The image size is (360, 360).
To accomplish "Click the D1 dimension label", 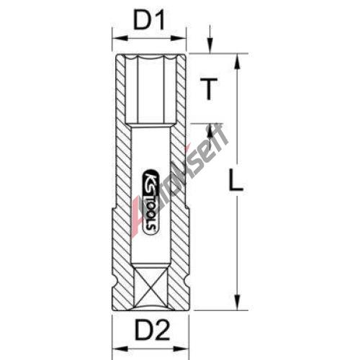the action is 149,22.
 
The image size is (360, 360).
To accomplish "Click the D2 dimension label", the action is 153,331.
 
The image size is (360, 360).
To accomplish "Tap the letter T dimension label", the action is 209,89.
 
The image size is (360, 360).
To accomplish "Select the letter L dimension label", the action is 236,180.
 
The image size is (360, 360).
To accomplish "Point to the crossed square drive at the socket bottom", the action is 151,287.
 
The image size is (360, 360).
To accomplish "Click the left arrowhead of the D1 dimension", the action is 120,38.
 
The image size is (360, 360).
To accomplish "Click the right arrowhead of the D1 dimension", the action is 179,38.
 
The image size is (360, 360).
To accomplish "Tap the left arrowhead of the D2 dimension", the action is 120,348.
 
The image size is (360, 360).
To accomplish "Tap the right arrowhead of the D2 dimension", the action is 181,348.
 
